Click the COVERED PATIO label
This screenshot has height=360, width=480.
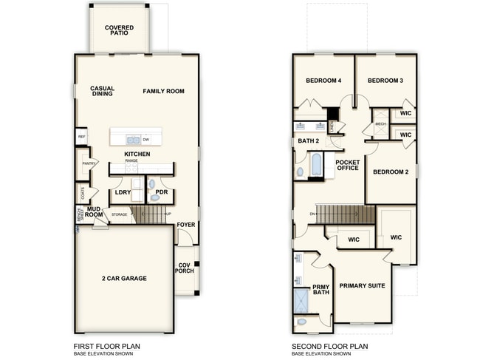click(119, 30)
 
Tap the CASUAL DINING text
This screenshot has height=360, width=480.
click(102, 91)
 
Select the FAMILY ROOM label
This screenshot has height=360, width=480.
click(163, 91)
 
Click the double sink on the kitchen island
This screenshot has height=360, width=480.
click(133, 139)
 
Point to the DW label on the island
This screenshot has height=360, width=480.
click(146, 139)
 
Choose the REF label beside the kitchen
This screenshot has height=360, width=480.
click(81, 137)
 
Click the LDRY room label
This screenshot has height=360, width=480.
click(123, 194)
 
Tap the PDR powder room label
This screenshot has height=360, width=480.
click(162, 194)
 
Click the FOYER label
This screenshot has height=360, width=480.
click(186, 225)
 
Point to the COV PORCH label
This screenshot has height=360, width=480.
click(185, 268)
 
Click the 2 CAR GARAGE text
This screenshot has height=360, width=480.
click(124, 279)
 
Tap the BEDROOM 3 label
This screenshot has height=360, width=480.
click(385, 81)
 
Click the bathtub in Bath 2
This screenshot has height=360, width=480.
click(316, 164)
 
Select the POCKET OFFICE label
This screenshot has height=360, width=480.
click(347, 165)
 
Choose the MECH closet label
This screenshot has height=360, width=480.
click(380, 124)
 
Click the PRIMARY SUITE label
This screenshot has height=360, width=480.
click(362, 285)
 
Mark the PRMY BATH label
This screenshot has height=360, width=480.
click(320, 290)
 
